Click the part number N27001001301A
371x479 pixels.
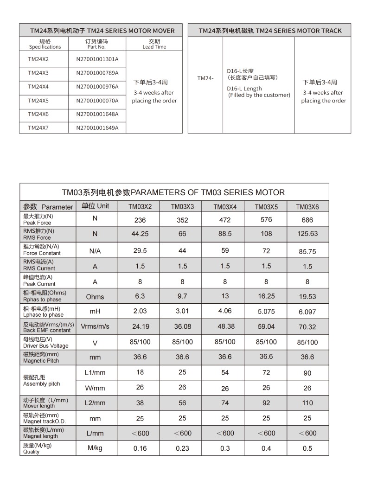point(97,59)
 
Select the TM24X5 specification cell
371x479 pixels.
point(38,101)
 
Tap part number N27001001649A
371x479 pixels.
point(97,128)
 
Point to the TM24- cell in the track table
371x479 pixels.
point(205,78)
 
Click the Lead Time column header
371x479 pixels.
point(154,44)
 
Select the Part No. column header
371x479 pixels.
point(96,44)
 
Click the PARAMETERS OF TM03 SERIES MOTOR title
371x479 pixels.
point(173,192)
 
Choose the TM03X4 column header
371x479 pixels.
point(224,207)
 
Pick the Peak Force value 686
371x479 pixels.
point(307,220)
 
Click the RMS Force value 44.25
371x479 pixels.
point(140,234)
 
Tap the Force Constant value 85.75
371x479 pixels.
point(307,251)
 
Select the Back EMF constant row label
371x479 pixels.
point(47,327)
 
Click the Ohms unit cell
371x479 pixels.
point(95,297)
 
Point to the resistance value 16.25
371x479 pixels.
point(266,296)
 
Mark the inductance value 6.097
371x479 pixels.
point(307,312)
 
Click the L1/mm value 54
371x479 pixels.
point(225,372)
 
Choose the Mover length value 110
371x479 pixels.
point(307,403)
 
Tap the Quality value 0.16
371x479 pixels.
point(140,448)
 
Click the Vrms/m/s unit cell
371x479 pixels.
point(95,327)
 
